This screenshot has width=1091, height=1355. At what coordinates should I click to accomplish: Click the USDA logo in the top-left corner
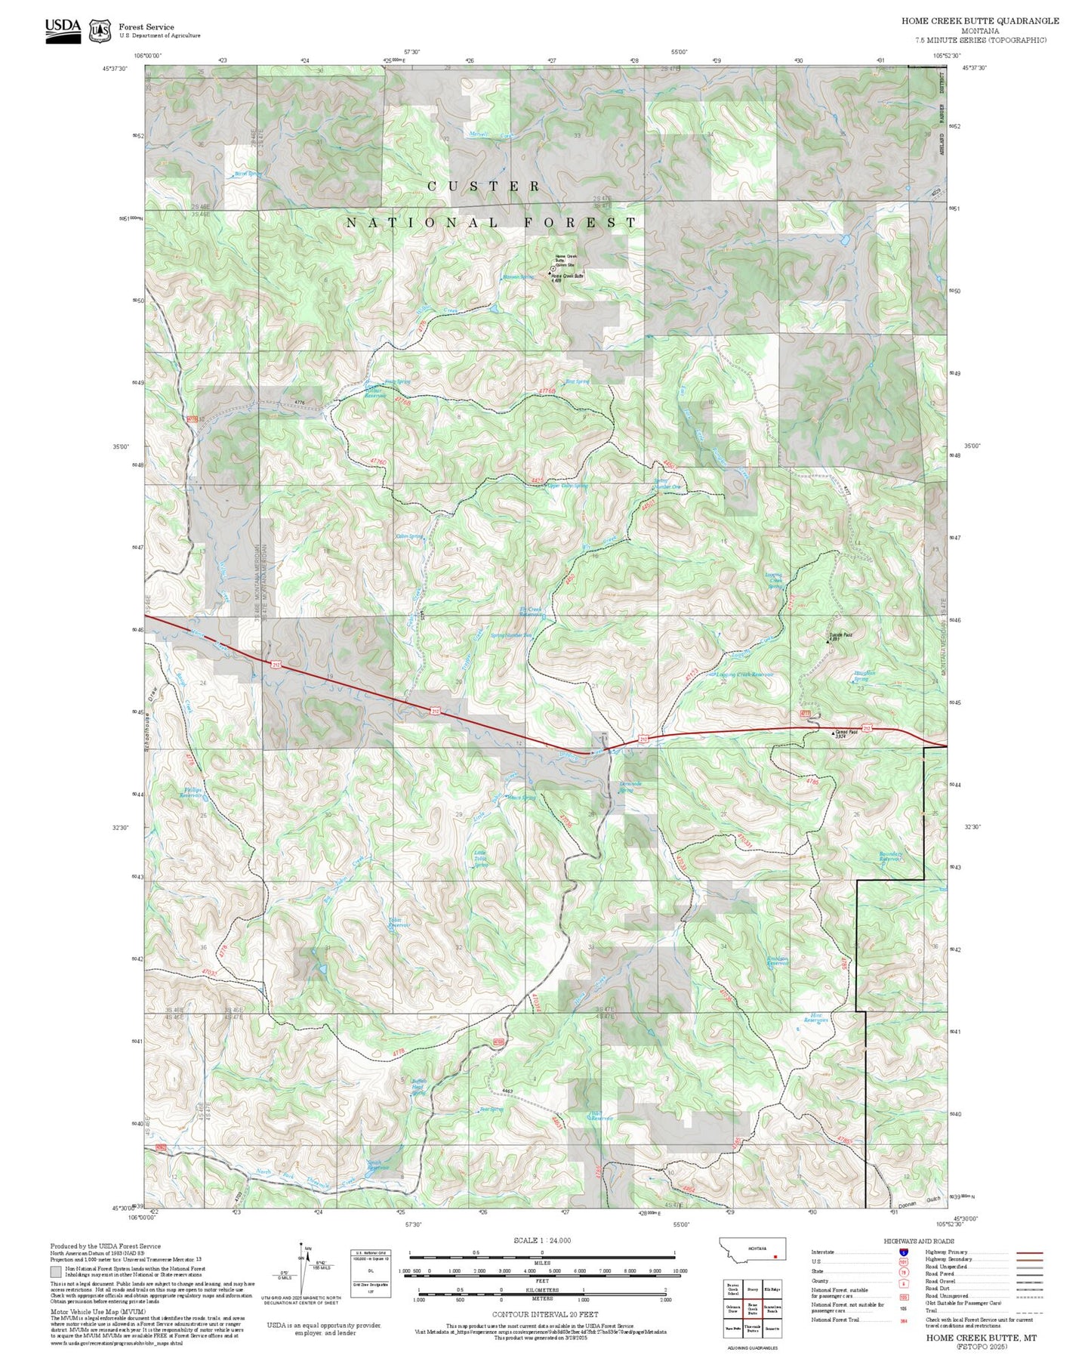(63, 29)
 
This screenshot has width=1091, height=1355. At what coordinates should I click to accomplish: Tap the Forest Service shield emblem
(100, 30)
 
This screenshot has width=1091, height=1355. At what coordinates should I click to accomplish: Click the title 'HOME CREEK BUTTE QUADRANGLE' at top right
(979, 21)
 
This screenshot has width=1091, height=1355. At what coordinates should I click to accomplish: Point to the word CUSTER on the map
(484, 186)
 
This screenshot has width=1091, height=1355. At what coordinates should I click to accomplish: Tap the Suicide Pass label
(840, 634)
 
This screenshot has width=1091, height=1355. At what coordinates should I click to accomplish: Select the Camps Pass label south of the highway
(846, 732)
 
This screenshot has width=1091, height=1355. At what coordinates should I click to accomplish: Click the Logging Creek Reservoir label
(744, 674)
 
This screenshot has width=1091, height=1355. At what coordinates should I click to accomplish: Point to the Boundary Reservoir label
(891, 857)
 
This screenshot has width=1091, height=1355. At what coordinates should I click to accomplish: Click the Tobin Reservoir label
(399, 922)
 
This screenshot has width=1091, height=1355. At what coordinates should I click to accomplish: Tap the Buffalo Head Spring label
(419, 1087)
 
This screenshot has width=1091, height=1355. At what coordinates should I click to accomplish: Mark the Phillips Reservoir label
(192, 792)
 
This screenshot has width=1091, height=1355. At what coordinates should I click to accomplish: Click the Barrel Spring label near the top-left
(248, 174)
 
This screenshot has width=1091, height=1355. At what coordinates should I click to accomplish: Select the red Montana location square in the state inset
(775, 1258)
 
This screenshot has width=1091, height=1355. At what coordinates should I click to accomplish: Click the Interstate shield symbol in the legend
(902, 1252)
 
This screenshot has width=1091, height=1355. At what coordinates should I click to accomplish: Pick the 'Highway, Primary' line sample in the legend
(1029, 1252)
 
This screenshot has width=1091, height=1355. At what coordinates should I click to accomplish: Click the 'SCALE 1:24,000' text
(542, 1240)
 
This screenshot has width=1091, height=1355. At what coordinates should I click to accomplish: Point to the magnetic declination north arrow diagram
(301, 1269)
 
